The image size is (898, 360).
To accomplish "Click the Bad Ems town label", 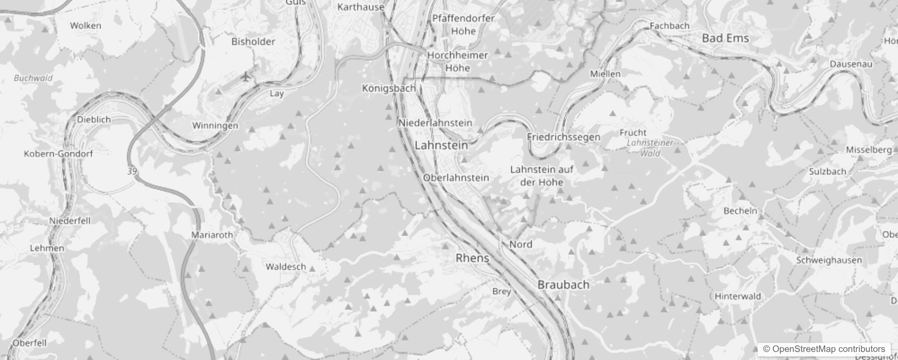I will [x=725, y=38].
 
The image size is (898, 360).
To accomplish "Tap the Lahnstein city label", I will [x=441, y=145].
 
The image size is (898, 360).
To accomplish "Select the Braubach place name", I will [x=563, y=284].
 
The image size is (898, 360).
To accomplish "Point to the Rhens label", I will [x=472, y=258].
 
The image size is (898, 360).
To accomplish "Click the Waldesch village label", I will [x=286, y=266].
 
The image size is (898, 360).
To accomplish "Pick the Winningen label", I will [x=215, y=126].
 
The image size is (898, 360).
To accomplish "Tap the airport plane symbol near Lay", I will [x=245, y=77].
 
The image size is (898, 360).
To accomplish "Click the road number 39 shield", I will [x=132, y=171].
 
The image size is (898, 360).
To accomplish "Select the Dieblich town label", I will [x=94, y=120].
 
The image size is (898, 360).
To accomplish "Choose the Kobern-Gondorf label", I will [x=58, y=153].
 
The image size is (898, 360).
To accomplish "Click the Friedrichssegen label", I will [x=563, y=137].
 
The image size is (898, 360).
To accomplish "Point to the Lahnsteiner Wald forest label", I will [x=650, y=148].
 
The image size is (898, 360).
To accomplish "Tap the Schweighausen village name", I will [x=829, y=260].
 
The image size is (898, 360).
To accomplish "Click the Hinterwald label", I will [x=737, y=296].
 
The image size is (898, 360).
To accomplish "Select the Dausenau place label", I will [x=851, y=64].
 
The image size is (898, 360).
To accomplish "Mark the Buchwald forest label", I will [x=33, y=78].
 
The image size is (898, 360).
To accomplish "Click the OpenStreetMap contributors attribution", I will [x=823, y=349].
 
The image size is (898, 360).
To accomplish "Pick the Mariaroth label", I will [x=212, y=234].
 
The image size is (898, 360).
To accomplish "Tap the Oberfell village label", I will [x=29, y=343].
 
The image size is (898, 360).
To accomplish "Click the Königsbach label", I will [x=389, y=88].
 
